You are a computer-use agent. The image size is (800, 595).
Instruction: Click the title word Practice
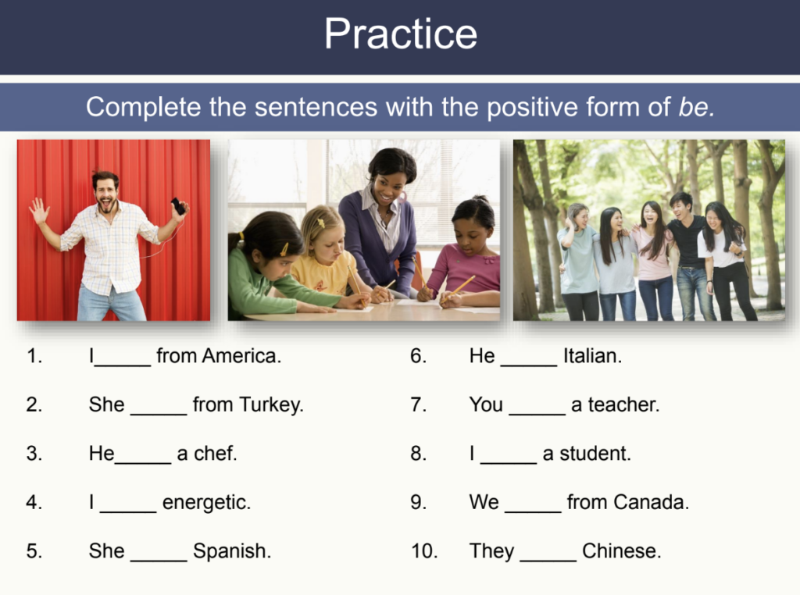point(400,34)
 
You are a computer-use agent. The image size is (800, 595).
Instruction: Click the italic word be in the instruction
point(695,107)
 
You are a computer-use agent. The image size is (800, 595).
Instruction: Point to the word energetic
point(206,503)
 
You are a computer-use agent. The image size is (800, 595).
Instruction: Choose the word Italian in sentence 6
point(592,356)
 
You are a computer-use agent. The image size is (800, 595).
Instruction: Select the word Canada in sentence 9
point(650,502)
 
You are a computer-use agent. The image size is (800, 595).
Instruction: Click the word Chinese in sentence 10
point(621,551)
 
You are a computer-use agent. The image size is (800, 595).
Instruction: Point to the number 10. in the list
point(424,551)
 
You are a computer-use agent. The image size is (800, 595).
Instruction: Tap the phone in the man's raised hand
point(179,206)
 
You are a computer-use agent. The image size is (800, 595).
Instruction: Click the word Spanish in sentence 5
point(232,551)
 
